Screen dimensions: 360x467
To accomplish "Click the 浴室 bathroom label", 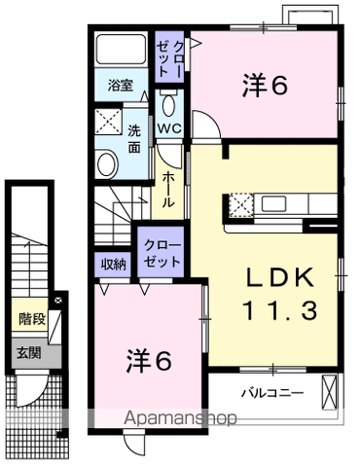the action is pyautogui.click(x=121, y=86).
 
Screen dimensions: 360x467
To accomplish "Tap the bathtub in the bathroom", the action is pyautogui.click(x=122, y=49).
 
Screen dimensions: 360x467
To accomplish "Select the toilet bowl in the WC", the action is pyautogui.click(x=169, y=105).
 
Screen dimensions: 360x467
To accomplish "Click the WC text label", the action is pyautogui.click(x=169, y=128).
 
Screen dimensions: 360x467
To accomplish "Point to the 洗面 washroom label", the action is pyautogui.click(x=134, y=139).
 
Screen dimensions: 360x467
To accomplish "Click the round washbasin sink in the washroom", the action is pyautogui.click(x=107, y=163).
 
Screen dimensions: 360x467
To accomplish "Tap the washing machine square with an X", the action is pyautogui.click(x=108, y=122).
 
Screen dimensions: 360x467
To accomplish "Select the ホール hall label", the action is pyautogui.click(x=168, y=190).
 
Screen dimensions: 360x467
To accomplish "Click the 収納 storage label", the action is pyautogui.click(x=113, y=265).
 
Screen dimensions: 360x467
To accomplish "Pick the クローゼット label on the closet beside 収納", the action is pyautogui.click(x=162, y=253).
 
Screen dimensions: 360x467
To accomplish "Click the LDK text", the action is pyautogui.click(x=280, y=277).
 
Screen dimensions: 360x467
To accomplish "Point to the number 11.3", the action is pyautogui.click(x=279, y=309).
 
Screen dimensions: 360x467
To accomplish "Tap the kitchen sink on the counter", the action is pyautogui.click(x=274, y=203).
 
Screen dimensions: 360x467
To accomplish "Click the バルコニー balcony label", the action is pyautogui.click(x=272, y=393).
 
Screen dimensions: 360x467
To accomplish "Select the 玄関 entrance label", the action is pyautogui.click(x=29, y=352).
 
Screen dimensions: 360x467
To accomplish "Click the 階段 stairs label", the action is pyautogui.click(x=31, y=318).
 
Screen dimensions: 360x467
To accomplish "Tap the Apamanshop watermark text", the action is pyautogui.click(x=180, y=417).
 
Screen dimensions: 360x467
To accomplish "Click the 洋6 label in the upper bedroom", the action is pyautogui.click(x=265, y=86).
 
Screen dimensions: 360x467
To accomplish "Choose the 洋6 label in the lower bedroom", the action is pyautogui.click(x=148, y=360).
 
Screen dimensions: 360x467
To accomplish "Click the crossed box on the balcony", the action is pyautogui.click(x=330, y=392).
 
